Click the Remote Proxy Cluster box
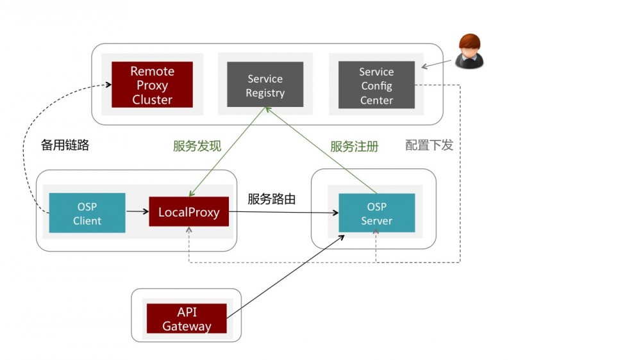(x=152, y=85)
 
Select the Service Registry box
(x=265, y=85)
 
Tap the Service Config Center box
(x=376, y=85)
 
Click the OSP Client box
(x=87, y=213)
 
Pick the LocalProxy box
(x=189, y=212)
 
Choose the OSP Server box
(x=376, y=213)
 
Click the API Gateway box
(x=187, y=318)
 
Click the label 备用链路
(x=65, y=145)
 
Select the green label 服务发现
(x=197, y=146)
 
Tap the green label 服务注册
(x=354, y=146)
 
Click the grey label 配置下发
(x=429, y=145)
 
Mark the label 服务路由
(x=272, y=199)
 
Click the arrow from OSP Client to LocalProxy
(x=137, y=211)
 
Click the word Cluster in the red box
(x=152, y=99)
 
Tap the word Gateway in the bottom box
(x=187, y=326)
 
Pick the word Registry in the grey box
(x=265, y=93)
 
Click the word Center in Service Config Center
(x=376, y=100)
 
